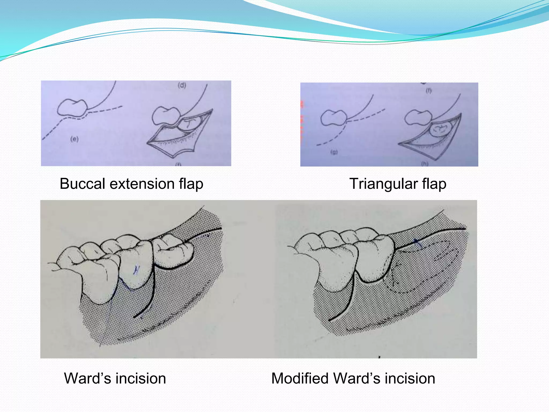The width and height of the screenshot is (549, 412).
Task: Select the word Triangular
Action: tap(383, 184)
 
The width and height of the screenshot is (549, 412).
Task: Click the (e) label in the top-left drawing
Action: tap(74, 139)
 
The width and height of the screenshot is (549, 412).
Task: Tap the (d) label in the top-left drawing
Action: tap(182, 86)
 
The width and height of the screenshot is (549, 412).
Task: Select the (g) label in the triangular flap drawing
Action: tap(334, 152)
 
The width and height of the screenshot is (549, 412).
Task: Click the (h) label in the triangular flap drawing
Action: tap(424, 164)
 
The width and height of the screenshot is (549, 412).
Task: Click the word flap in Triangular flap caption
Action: tap(434, 184)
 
